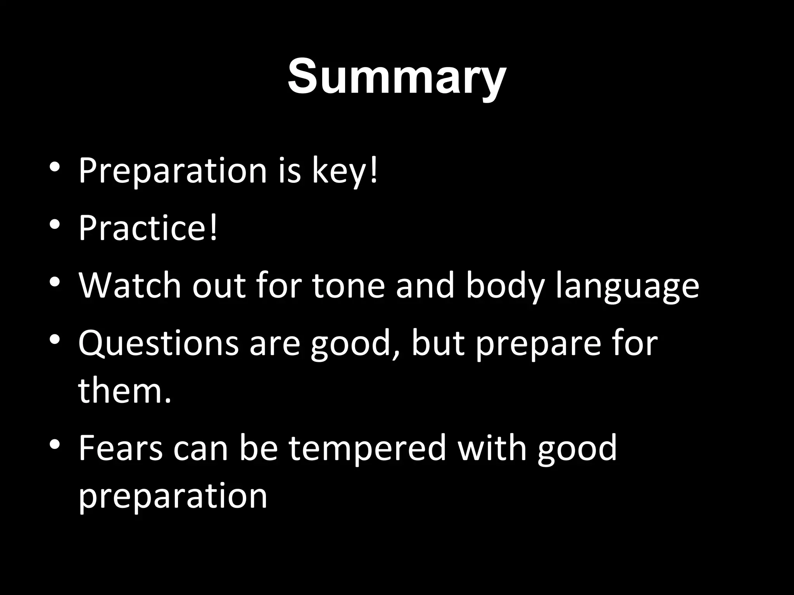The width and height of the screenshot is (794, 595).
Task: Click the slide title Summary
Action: coord(397,77)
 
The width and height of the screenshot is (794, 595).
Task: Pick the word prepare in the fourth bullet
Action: coord(537,345)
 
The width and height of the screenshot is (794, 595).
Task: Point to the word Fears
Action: coord(121,448)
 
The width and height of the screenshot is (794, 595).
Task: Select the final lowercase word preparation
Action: coord(173,496)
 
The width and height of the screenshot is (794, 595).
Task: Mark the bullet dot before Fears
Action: coord(55,444)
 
